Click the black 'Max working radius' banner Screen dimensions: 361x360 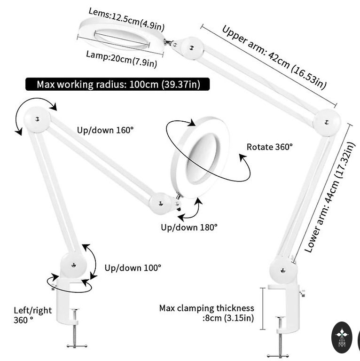(x=117, y=84)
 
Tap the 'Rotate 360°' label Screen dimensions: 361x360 (x=269, y=147)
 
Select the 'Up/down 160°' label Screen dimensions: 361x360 (x=105, y=129)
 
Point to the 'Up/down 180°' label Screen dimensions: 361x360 (x=189, y=227)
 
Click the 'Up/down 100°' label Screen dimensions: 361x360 (x=133, y=267)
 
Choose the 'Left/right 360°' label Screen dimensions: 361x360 (x=32, y=315)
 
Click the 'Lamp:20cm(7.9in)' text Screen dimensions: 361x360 (x=121, y=58)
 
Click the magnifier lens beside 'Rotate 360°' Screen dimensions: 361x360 (x=202, y=151)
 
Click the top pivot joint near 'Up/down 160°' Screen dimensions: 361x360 (x=38, y=118)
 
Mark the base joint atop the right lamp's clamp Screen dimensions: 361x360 (x=283, y=271)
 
